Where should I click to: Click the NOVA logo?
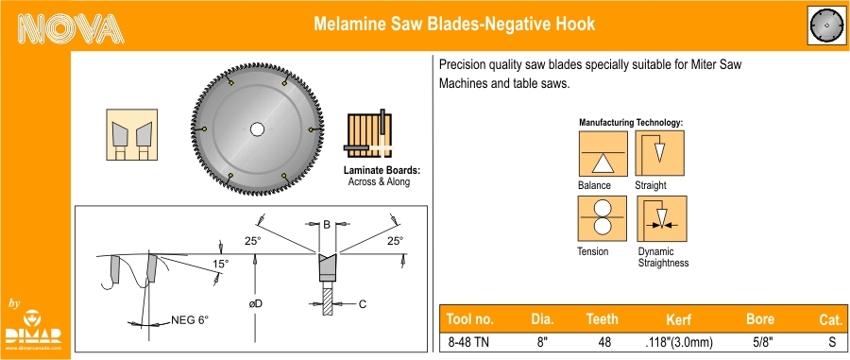click(x=71, y=27)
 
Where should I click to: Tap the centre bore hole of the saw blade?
click(x=257, y=129)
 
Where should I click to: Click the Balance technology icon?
click(x=603, y=153)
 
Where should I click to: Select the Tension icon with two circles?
click(x=602, y=218)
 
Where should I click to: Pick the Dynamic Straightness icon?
click(x=662, y=218)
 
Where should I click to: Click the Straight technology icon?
click(x=660, y=153)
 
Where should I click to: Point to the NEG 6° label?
click(x=190, y=320)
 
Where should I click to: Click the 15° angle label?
click(x=220, y=264)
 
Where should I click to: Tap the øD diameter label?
click(x=255, y=303)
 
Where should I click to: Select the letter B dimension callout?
click(x=327, y=225)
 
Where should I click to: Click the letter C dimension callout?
click(x=363, y=304)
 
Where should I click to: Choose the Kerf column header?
click(x=678, y=319)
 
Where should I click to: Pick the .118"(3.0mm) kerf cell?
click(x=679, y=343)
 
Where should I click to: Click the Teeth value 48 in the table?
click(x=604, y=343)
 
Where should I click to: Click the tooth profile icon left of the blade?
click(x=131, y=134)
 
